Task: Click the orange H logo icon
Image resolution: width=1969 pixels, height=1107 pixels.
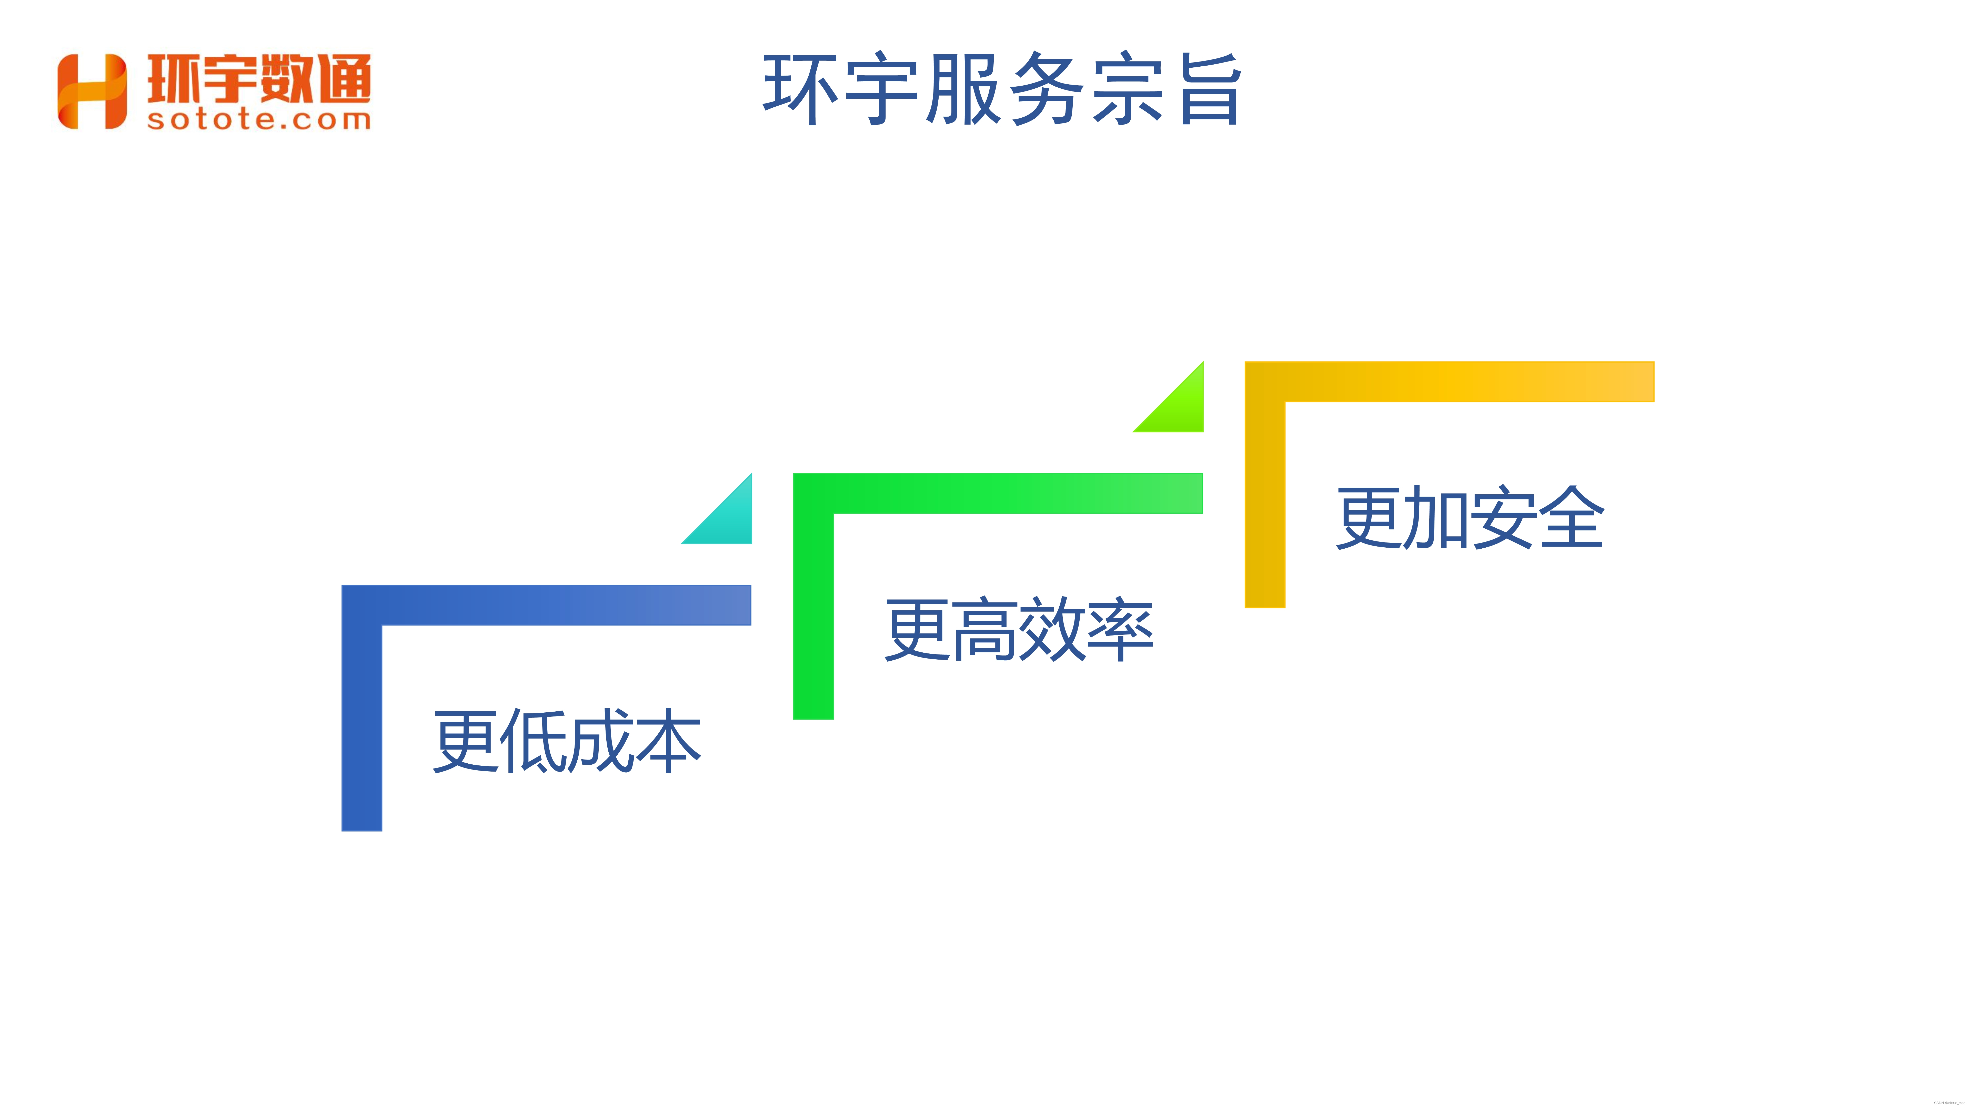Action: pos(92,92)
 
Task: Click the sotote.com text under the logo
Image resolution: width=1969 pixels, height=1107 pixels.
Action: pos(258,120)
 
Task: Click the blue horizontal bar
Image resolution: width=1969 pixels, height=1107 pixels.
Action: pos(566,605)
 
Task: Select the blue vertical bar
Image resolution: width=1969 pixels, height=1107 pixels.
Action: pos(361,726)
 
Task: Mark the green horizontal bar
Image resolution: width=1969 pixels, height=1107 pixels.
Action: pos(1017,494)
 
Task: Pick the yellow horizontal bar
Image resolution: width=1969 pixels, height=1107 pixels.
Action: pos(1468,381)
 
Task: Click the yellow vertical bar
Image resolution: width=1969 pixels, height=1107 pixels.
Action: pos(1265,504)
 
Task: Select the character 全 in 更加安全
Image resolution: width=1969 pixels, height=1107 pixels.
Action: pos(1571,518)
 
